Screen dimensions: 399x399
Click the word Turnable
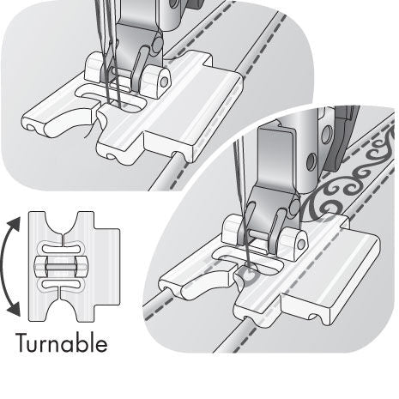pyautogui.click(x=62, y=342)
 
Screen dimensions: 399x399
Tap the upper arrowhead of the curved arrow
pyautogui.click(x=15, y=224)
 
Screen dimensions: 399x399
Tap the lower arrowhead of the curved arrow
pyautogui.click(x=15, y=310)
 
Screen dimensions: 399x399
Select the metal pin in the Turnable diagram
pyautogui.click(x=62, y=267)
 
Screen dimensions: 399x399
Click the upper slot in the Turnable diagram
pyautogui.click(x=63, y=248)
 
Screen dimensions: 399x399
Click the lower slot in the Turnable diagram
pyautogui.click(x=63, y=284)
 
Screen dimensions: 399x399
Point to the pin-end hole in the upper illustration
pyautogui.click(x=164, y=82)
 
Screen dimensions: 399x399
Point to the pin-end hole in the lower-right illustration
pyautogui.click(x=301, y=244)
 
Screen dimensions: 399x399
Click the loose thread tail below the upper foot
pyautogui.click(x=91, y=130)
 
